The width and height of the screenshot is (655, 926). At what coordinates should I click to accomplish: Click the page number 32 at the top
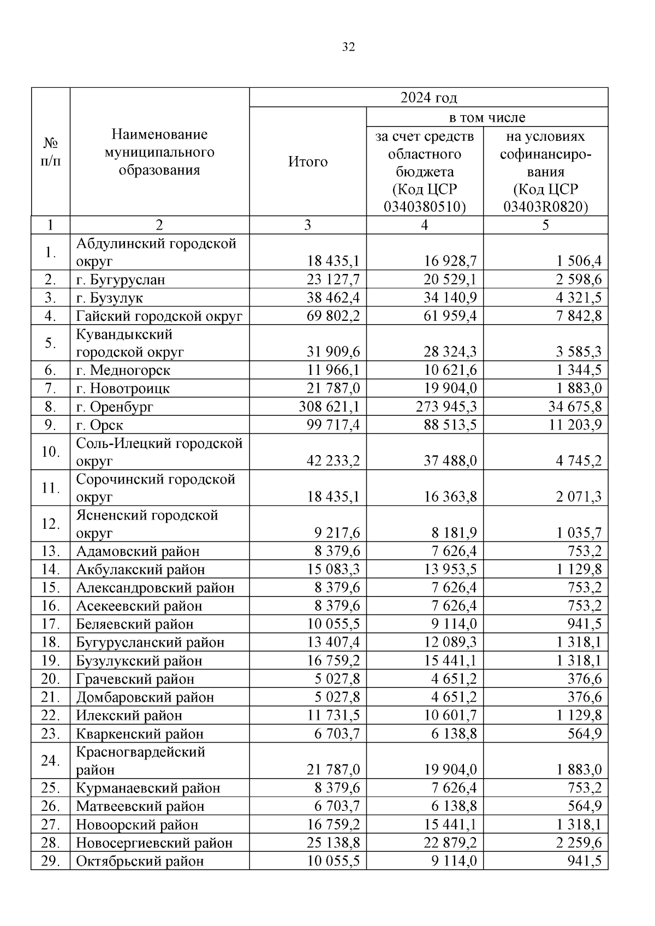pos(348,47)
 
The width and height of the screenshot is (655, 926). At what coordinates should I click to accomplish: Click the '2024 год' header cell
pos(428,98)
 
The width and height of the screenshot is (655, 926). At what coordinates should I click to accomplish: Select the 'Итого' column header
pos(308,162)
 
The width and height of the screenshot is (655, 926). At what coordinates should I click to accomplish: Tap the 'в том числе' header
pos(487,117)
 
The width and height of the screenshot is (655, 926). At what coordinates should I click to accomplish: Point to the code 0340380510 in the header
pos(425,207)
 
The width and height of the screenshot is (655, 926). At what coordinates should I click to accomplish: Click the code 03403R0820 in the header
pos(546,207)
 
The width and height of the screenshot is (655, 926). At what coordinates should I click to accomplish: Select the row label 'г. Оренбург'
pos(115,407)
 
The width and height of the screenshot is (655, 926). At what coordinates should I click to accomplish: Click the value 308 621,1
pos(329,407)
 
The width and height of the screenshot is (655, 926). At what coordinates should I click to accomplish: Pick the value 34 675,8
pos(575,407)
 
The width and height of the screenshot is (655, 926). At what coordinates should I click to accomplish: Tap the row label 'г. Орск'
pos(100,425)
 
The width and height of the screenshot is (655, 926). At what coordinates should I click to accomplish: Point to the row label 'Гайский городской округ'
pos(159,316)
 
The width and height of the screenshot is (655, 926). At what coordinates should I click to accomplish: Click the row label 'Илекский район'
pos(129,715)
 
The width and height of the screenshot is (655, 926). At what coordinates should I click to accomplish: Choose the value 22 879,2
pos(450,843)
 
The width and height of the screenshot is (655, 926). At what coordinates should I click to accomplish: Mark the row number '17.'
pos(50,624)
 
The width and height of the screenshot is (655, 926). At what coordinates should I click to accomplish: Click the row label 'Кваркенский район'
pos(140,734)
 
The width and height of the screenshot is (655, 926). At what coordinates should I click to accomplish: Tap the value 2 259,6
pos(579,843)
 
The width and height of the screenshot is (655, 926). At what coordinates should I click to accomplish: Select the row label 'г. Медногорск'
pos(123,371)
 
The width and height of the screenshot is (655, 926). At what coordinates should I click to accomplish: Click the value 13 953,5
pos(450,570)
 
